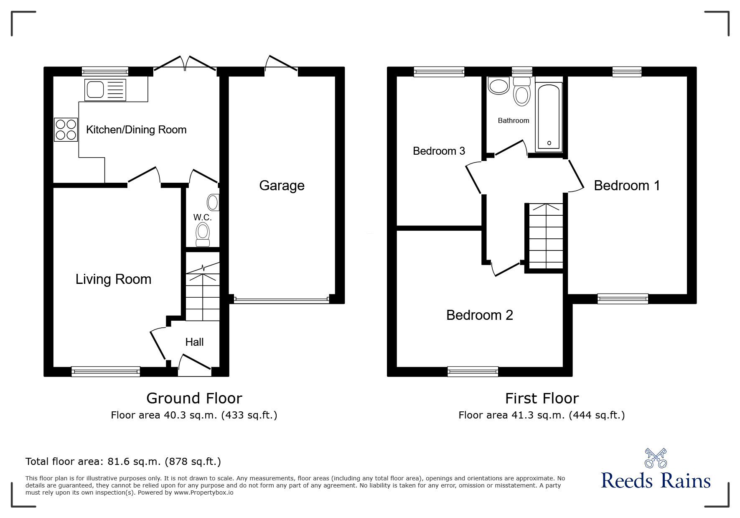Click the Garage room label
282,186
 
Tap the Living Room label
113,279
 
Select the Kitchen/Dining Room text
136,130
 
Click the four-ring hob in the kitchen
66,130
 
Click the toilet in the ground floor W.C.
203,234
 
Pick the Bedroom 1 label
627,186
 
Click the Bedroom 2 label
480,315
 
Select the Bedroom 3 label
439,151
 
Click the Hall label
194,342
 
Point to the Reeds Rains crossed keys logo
656,458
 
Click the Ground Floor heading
194,398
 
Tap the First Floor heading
542,398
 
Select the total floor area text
123,462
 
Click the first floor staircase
546,236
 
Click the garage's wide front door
282,299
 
